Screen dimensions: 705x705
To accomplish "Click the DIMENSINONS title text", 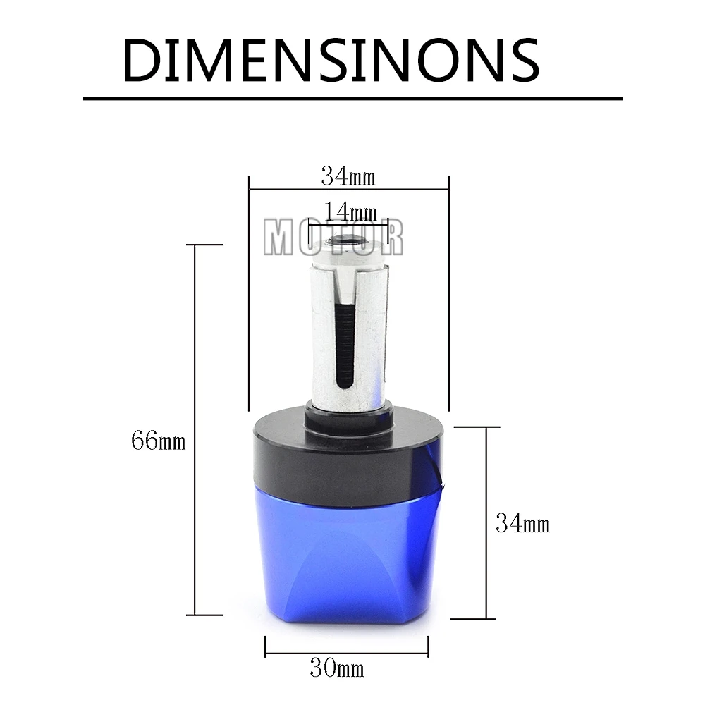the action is click(x=331, y=60).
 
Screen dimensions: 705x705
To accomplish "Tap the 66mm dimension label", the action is click(x=158, y=440).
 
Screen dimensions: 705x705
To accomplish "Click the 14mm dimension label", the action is click(x=350, y=211).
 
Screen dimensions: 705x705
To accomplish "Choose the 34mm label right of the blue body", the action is click(x=523, y=523).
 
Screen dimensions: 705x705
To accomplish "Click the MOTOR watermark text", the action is click(x=333, y=238).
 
